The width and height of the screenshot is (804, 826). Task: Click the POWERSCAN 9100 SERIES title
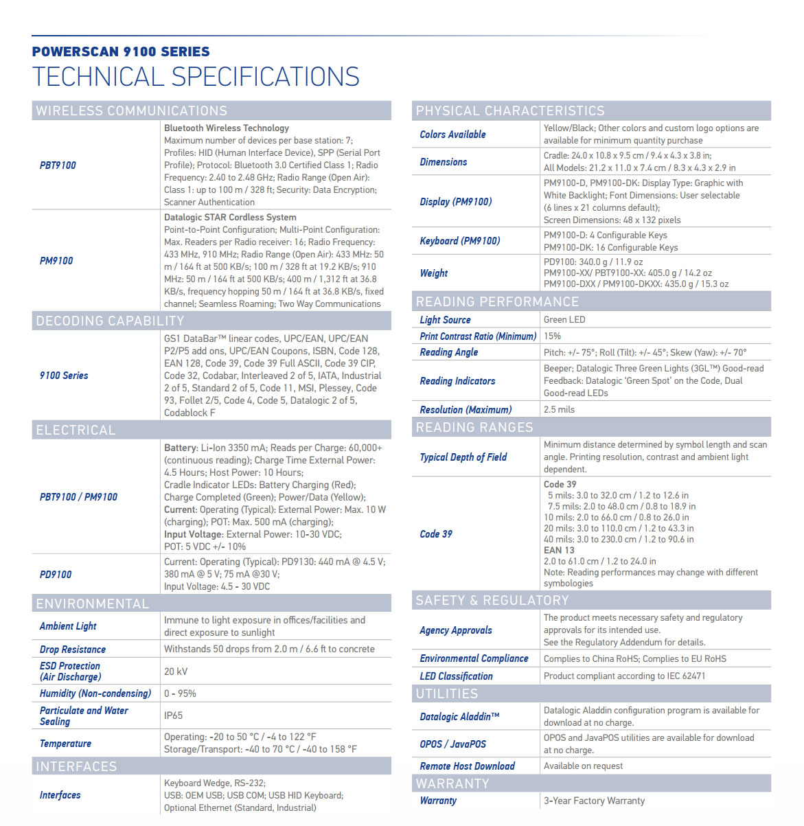pos(121,51)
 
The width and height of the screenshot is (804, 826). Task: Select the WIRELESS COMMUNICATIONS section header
pos(131,111)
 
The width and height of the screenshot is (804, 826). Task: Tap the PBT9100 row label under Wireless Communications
pos(58,165)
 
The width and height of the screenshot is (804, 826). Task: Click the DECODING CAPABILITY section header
pos(110,321)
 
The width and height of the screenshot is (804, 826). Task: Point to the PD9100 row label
pos(56,574)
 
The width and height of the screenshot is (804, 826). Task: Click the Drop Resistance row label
pos(73,650)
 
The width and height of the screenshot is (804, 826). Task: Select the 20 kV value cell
pos(176,672)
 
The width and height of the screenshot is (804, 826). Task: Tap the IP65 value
pos(173,715)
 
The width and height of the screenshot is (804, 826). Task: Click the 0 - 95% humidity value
pos(180,693)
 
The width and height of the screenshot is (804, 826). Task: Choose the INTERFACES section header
pos(76,766)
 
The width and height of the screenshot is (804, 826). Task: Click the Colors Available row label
pos(452,135)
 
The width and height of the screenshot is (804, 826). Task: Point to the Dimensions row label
pos(444,162)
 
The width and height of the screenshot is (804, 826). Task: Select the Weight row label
pos(434,273)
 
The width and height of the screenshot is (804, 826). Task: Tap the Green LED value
pos(564,319)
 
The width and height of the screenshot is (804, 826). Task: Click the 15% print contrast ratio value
pos(552,336)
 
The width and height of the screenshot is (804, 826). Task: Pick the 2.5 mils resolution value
pos(559,409)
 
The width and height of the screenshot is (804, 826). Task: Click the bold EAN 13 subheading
pos(559,550)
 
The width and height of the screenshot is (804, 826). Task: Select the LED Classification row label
pos(456,676)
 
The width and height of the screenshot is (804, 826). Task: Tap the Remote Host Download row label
pos(467,766)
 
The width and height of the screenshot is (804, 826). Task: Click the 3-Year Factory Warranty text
pos(594,801)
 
